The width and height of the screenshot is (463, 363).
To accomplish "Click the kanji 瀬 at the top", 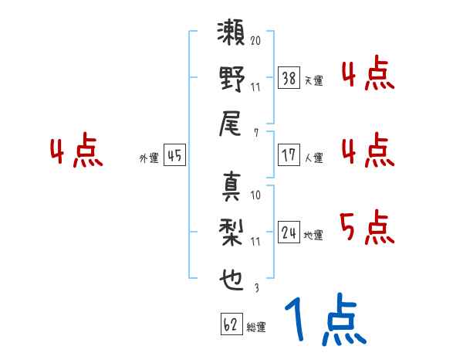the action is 231,35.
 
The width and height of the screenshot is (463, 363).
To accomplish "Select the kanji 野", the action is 231,81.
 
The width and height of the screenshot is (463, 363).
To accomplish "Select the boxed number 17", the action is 289,154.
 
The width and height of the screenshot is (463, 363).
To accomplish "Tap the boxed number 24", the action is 289,232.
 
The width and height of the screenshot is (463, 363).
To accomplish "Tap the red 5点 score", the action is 367,227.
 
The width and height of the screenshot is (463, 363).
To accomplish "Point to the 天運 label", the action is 314,80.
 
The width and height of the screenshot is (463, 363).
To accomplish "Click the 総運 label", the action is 256,327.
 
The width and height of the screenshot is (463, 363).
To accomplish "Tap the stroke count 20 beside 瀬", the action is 255,39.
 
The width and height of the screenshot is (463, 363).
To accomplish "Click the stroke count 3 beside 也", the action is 255,288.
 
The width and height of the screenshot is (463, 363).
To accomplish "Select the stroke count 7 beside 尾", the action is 255,133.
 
